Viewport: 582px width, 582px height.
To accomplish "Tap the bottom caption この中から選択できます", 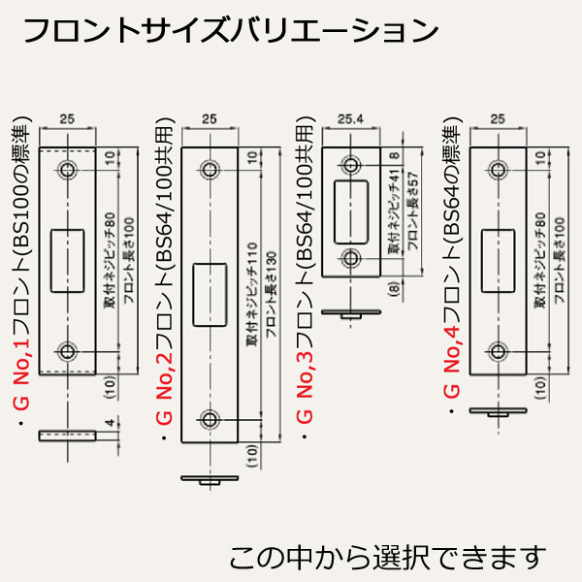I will coord(388,558).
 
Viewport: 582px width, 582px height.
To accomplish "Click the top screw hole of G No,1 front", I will coord(67,170).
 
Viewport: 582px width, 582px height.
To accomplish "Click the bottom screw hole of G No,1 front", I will coord(67,350).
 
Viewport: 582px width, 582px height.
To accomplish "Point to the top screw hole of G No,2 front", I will coord(209,170).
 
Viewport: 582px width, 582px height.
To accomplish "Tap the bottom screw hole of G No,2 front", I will coord(209,419).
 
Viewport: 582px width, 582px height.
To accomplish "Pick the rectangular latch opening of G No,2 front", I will coord(209,294).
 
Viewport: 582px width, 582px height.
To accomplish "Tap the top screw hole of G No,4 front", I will coord(498,170).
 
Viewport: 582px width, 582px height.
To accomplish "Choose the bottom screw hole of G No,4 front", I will coord(498,350).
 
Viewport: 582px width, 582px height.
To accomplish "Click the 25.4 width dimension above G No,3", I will coord(352,119).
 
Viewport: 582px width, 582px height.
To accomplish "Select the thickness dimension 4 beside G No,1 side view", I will coord(113,423).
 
